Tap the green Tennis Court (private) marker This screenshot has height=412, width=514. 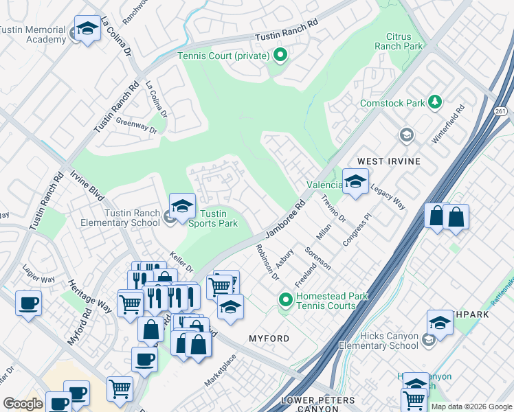pos(280,56)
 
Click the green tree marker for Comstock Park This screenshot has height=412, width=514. pos(434,102)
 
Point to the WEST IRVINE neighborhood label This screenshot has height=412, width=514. pos(389,161)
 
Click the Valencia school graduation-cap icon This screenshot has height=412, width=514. pos(355,183)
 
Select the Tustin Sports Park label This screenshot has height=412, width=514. pos(213,218)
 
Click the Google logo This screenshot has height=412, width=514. pos(23,404)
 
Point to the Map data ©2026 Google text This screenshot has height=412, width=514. pos(471,407)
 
